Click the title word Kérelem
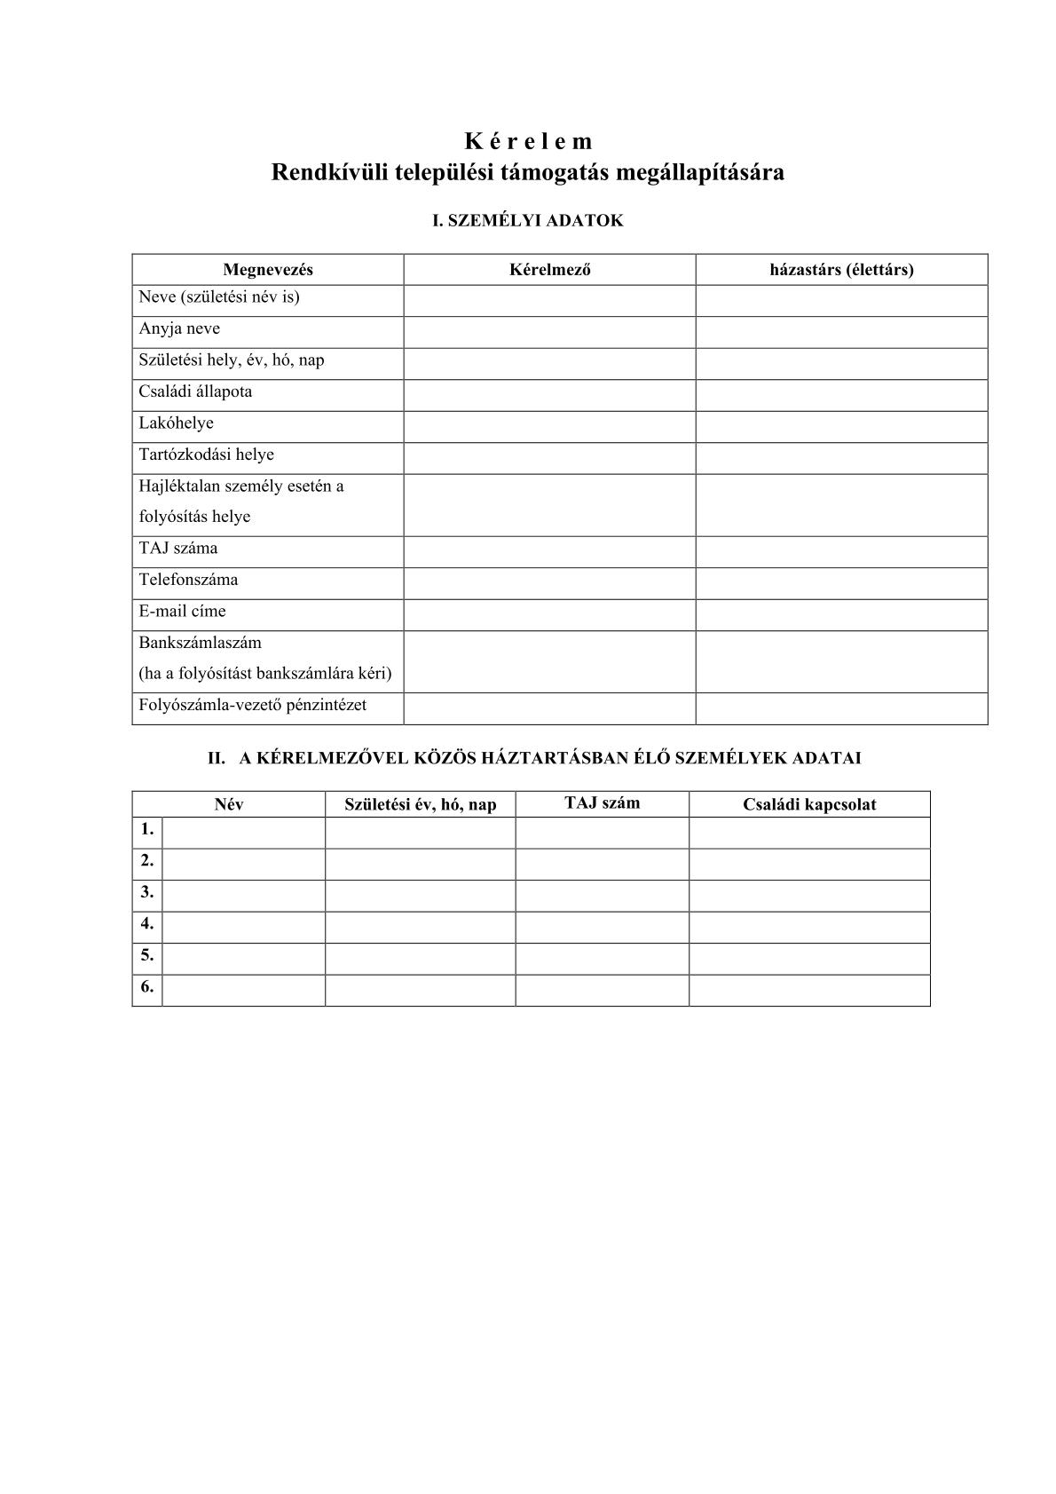527,141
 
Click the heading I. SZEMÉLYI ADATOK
527,221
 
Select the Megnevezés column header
267,270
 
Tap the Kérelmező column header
549,270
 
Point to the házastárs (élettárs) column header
841,270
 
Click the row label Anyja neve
179,328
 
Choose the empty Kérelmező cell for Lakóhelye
549,427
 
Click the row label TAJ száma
177,548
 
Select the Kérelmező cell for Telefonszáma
549,583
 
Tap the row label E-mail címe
182,611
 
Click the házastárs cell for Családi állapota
841,395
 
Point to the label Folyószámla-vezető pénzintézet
252,705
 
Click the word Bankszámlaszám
200,642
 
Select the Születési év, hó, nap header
420,804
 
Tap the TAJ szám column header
602,803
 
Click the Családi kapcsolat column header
809,804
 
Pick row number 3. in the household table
147,892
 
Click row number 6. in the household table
147,986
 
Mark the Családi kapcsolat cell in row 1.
809,833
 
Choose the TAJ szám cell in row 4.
602,927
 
